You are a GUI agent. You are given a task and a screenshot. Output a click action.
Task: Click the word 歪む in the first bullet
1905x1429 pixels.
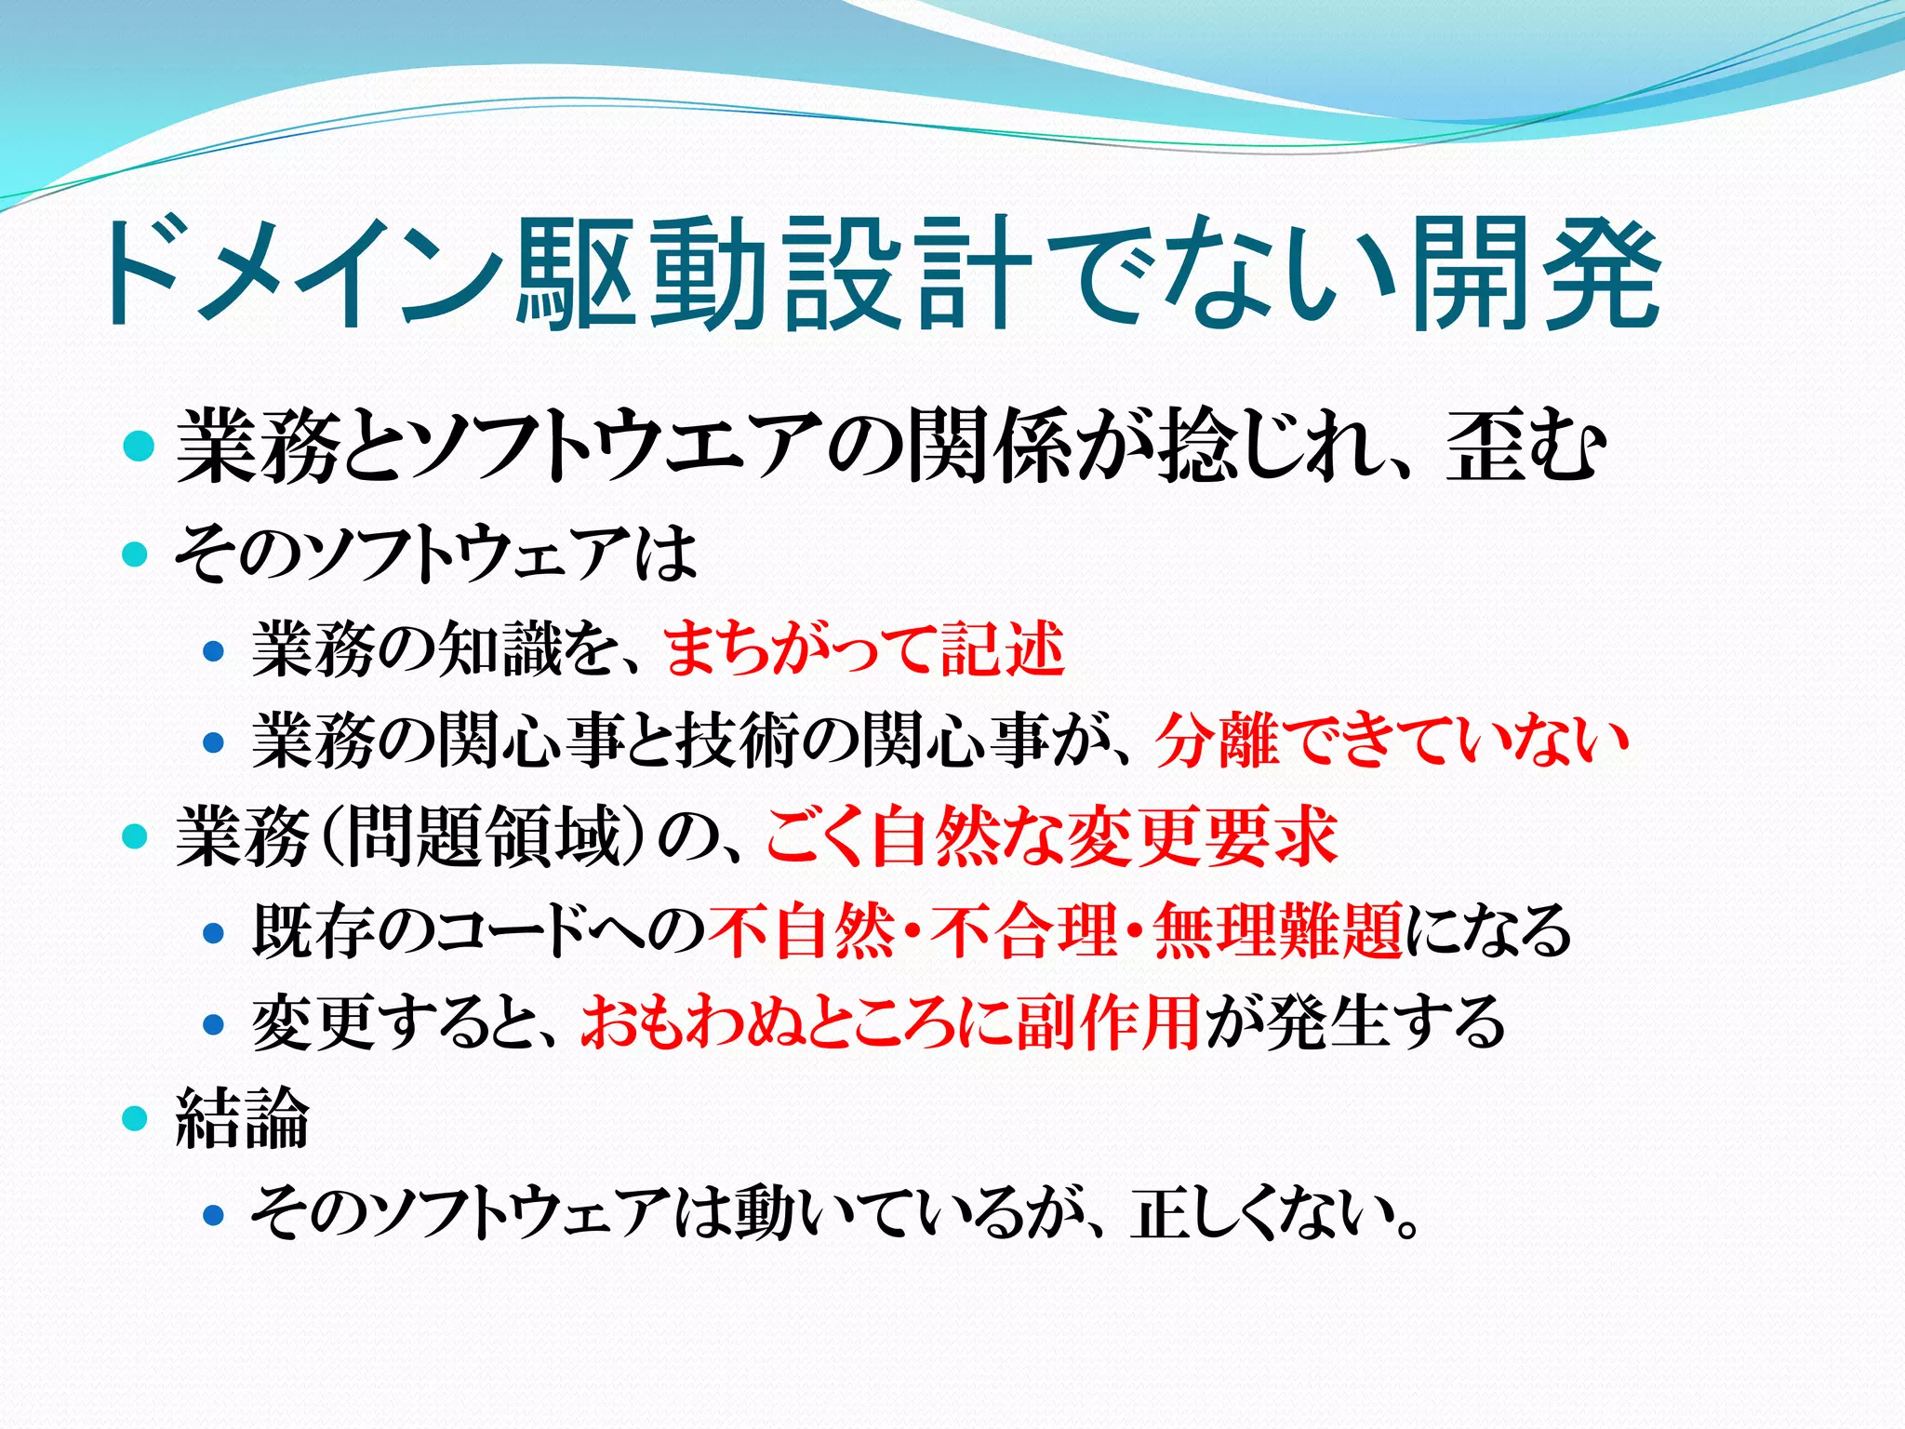pyautogui.click(x=1525, y=447)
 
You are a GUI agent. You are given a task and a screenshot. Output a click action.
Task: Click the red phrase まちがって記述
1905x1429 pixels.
pyautogui.click(x=864, y=649)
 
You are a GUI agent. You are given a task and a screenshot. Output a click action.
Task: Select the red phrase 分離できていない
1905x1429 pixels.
pyautogui.click(x=1392, y=741)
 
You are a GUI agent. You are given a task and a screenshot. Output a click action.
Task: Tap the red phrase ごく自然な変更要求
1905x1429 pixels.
pyautogui.click(x=1051, y=836)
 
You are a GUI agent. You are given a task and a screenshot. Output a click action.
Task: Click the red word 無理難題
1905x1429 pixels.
pyautogui.click(x=1278, y=930)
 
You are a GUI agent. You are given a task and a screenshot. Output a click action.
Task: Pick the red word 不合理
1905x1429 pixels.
pyautogui.click(x=1024, y=930)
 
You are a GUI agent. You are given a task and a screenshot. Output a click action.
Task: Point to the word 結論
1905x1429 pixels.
pyautogui.click(x=243, y=1117)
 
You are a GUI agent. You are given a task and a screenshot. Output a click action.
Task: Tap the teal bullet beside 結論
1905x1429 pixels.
pyautogui.click(x=136, y=1117)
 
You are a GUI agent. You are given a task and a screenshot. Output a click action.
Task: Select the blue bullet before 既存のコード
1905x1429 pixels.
pyautogui.click(x=214, y=931)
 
